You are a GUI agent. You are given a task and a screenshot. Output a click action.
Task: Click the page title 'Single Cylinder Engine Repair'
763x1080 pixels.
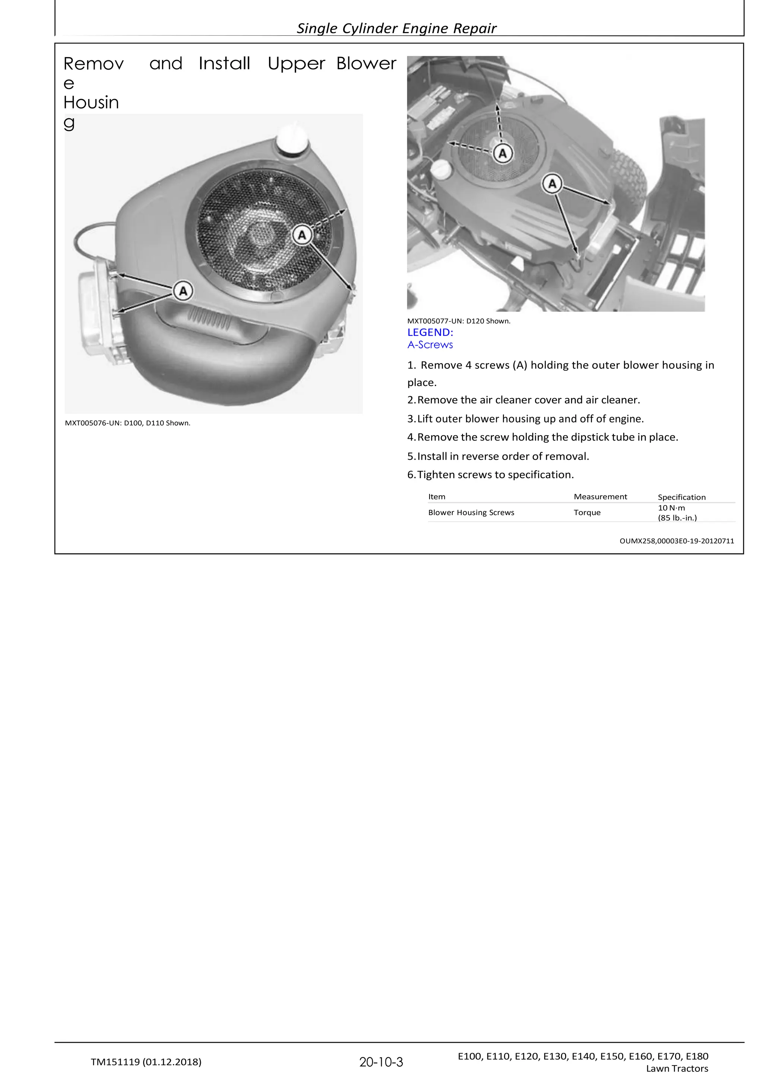[396, 28]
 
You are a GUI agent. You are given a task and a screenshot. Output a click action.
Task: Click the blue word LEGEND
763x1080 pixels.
[430, 332]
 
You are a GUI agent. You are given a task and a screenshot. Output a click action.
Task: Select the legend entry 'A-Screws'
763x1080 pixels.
[430, 345]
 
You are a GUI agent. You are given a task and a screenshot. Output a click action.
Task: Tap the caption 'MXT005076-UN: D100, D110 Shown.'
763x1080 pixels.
[127, 423]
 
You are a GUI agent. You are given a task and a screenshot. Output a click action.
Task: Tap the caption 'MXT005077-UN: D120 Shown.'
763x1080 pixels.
[459, 321]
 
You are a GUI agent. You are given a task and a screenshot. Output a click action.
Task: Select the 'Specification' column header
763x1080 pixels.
[681, 497]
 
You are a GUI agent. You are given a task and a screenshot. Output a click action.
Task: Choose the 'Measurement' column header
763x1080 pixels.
[600, 497]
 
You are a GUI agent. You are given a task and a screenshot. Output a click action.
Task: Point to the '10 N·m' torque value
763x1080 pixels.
[671, 508]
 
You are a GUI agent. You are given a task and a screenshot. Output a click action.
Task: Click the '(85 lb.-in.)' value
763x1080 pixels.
[677, 518]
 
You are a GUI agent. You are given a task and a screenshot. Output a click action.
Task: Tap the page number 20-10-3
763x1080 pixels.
[381, 1062]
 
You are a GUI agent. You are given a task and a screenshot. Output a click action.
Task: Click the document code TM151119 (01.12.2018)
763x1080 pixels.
[146, 1062]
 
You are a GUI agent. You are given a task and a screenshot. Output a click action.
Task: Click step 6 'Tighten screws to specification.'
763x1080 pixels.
[490, 474]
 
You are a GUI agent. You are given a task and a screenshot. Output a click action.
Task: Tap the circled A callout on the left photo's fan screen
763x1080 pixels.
[302, 235]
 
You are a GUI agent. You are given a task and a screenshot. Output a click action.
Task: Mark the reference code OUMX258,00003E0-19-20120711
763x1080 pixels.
[677, 541]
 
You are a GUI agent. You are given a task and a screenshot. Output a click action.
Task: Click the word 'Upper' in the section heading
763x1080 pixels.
[296, 64]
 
